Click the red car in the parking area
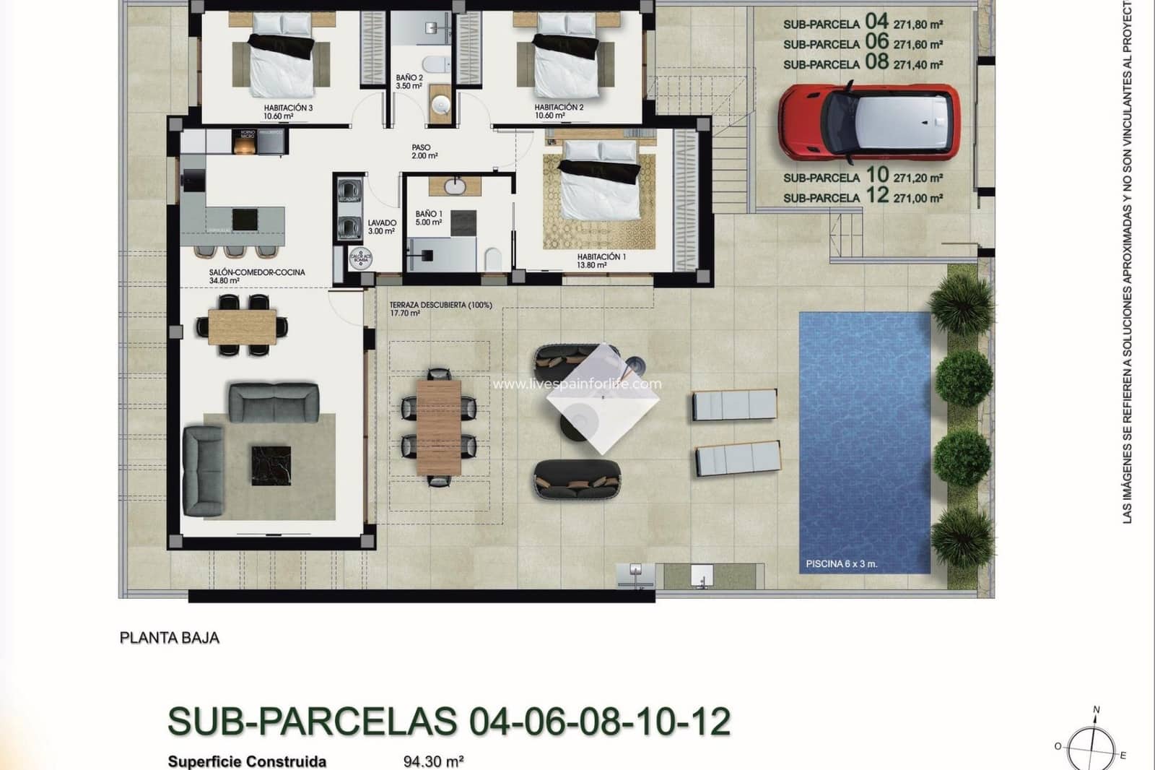pyautogui.click(x=868, y=122)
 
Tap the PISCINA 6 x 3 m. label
pyautogui.click(x=841, y=563)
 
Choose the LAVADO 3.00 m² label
pyautogui.click(x=382, y=227)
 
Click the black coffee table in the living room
pyautogui.click(x=271, y=465)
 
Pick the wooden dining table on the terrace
pyautogui.click(x=439, y=427)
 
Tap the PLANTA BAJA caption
pyautogui.click(x=169, y=638)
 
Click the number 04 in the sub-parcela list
pyautogui.click(x=876, y=22)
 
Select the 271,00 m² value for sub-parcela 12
pyautogui.click(x=918, y=198)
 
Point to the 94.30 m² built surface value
pyautogui.click(x=433, y=761)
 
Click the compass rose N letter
pyautogui.click(x=1097, y=710)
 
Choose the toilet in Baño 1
pyautogui.click(x=494, y=259)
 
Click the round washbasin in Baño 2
pyautogui.click(x=440, y=105)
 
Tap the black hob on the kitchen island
pyautogui.click(x=245, y=219)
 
